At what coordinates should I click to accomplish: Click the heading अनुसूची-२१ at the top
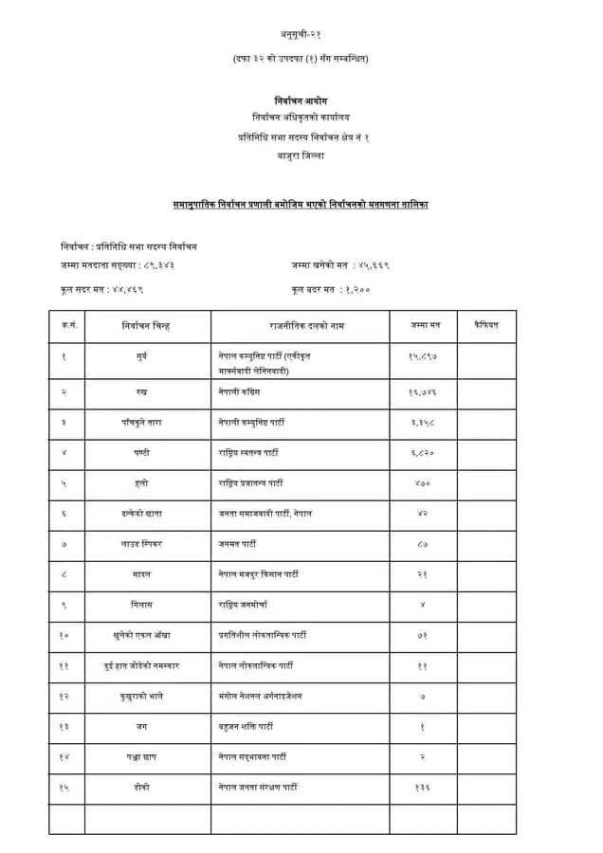[x=301, y=34]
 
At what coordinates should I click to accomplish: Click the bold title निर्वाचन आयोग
[x=301, y=100]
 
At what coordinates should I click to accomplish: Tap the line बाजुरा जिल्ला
[x=301, y=156]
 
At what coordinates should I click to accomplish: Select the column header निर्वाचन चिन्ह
[x=145, y=326]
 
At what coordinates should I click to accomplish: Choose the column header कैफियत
[x=485, y=326]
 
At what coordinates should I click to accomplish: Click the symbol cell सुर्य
[x=142, y=355]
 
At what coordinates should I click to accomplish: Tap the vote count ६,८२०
[x=423, y=452]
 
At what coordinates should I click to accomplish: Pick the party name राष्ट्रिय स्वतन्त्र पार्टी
[x=251, y=452]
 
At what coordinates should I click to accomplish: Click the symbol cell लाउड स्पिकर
[x=142, y=544]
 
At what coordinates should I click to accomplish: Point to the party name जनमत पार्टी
[x=236, y=544]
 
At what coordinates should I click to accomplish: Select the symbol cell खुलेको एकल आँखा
[x=142, y=634]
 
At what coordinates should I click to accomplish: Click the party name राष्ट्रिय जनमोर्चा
[x=243, y=604]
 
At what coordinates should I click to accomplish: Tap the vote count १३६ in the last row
[x=423, y=788]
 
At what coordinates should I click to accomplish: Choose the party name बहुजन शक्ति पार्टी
[x=247, y=727]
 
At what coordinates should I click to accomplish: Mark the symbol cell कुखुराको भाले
[x=142, y=696]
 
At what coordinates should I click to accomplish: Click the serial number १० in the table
[x=64, y=634]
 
